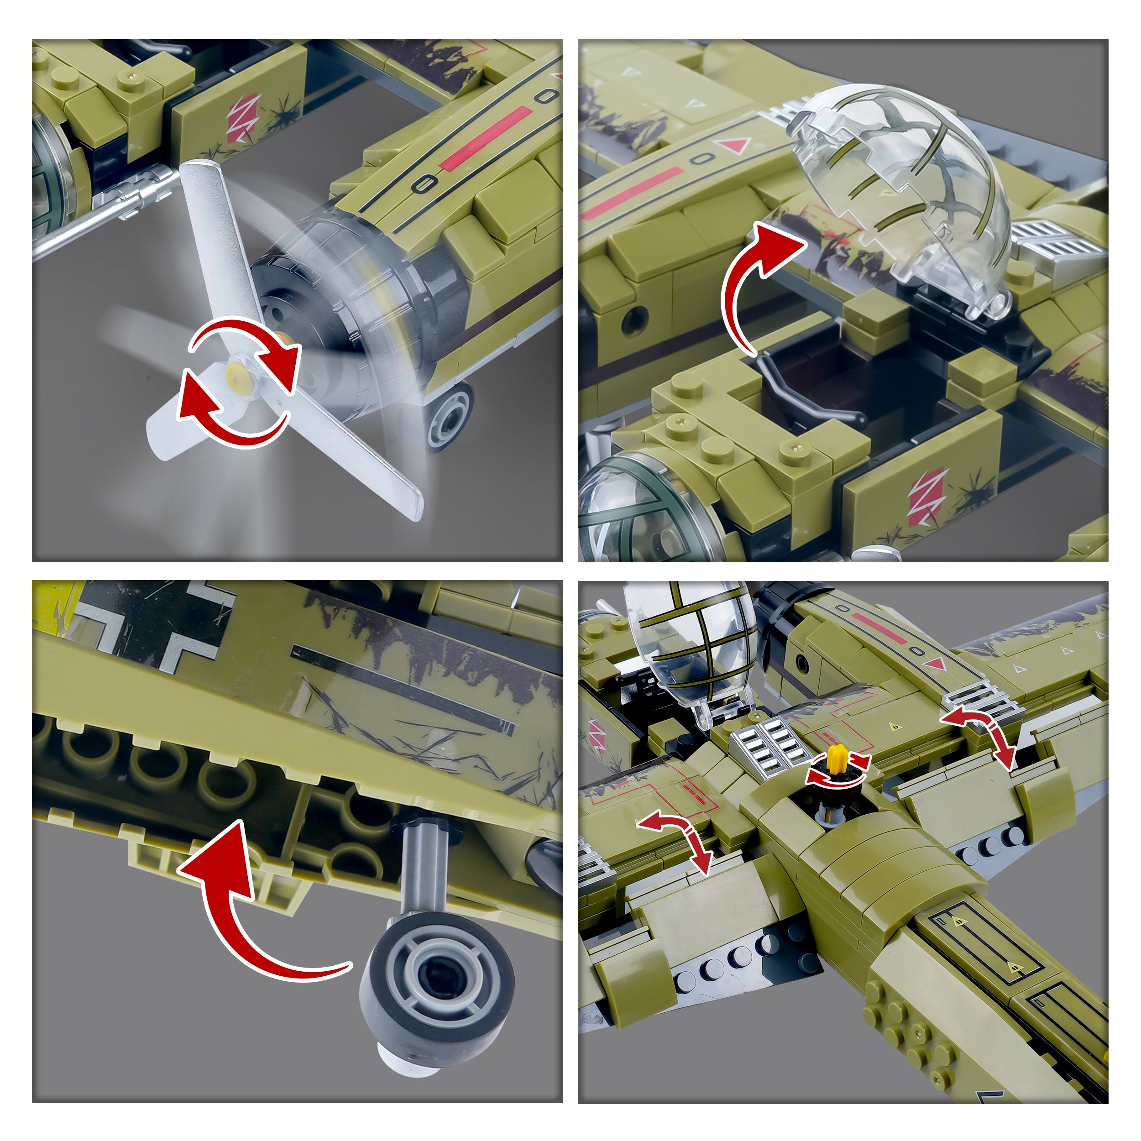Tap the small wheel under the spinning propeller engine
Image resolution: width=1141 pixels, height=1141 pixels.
[450, 417]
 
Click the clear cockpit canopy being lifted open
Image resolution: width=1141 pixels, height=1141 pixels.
[898, 195]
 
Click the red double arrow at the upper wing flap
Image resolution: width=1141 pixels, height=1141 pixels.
[980, 736]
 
